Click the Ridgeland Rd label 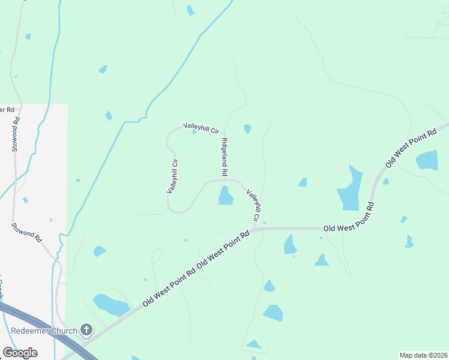point(224,157)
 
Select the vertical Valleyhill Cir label point(172,175)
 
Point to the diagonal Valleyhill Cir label point(255,205)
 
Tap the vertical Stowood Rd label point(16,134)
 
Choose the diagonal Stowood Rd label point(26,232)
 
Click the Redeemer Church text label point(44,331)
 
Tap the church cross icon point(86,329)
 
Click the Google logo point(20,353)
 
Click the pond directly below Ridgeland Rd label point(226,196)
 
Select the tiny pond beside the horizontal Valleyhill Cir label point(194,132)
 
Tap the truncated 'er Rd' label point(7,110)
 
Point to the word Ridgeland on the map point(224,151)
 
